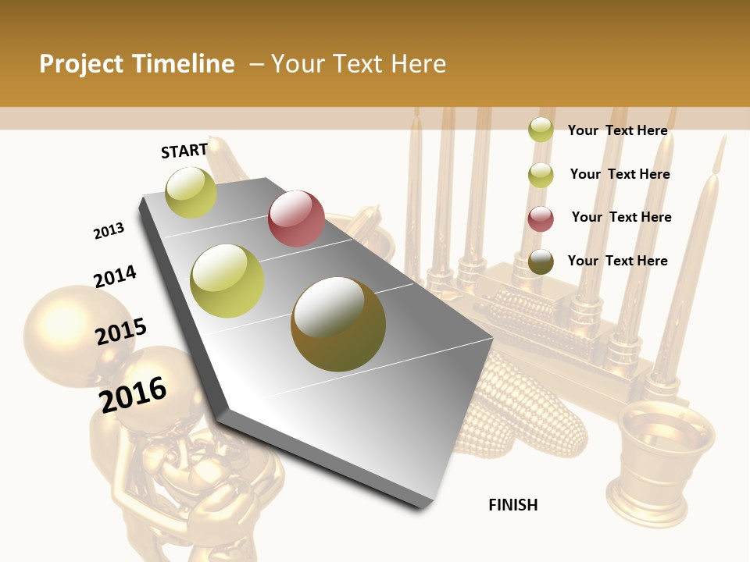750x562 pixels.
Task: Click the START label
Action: pos(184,151)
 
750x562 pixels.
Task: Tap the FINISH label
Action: pos(513,505)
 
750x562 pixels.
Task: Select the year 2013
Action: pos(109,231)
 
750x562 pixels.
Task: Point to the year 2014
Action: pos(115,277)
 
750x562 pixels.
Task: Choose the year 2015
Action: pos(121,332)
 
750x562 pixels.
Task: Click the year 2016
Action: pos(133,394)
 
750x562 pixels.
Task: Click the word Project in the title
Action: pos(82,64)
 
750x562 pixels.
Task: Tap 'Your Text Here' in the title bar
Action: pos(359,64)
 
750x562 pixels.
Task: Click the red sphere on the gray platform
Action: pos(296,219)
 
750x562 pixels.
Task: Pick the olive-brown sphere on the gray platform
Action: pos(338,324)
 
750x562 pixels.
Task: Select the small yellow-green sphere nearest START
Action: pos(191,192)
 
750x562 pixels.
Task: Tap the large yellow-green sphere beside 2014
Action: pos(227,280)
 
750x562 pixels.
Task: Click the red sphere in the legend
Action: pos(541,219)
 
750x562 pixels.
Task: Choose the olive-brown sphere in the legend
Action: pos(541,261)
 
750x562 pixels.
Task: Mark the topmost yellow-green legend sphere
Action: pos(541,130)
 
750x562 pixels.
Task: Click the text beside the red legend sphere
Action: pos(621,217)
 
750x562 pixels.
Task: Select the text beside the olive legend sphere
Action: pos(618,261)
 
